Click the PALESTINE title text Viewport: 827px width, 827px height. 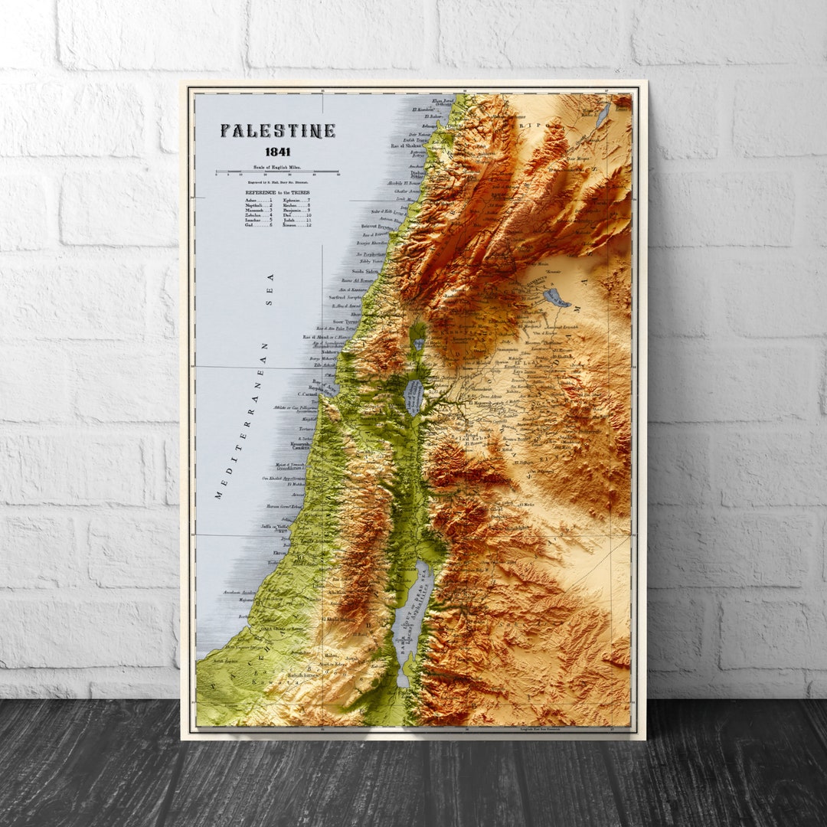point(277,131)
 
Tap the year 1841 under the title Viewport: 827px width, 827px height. point(277,152)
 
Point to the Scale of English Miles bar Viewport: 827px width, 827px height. point(277,172)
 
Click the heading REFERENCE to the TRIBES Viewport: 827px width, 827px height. point(277,192)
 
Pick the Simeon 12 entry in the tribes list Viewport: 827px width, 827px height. point(296,225)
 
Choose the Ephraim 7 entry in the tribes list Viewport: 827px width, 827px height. point(296,199)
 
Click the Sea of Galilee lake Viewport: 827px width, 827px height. point(413,397)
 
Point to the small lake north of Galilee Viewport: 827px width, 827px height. point(418,344)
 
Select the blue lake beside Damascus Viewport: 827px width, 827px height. point(556,297)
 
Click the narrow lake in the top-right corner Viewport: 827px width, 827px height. point(604,115)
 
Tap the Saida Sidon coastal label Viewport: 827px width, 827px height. point(365,271)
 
